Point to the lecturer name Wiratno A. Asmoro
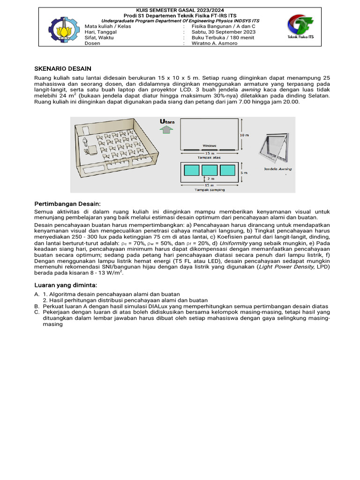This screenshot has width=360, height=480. [211, 43]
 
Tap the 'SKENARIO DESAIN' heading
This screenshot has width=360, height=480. [63, 68]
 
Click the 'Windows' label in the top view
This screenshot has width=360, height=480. [210, 146]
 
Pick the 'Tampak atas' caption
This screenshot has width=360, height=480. [209, 157]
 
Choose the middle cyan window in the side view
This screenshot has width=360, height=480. [209, 171]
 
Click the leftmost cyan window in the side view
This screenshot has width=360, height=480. [191, 171]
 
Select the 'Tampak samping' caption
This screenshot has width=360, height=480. [209, 190]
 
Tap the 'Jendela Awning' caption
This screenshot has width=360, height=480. [278, 169]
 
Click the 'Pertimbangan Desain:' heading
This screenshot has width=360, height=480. [68, 204]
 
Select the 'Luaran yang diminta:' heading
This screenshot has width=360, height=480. [66, 285]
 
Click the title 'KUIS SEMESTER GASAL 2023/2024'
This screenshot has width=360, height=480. [180, 10]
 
